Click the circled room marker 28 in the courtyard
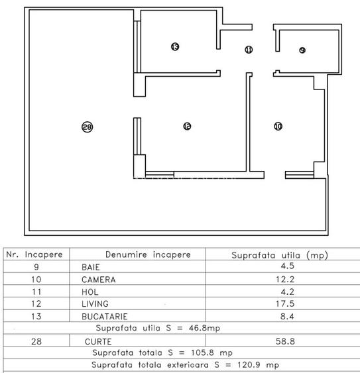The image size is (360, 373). [86, 128]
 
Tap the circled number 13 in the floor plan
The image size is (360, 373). [174, 47]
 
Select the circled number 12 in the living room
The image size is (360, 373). [187, 126]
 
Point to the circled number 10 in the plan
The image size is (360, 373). [277, 125]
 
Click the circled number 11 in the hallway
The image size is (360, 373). [249, 49]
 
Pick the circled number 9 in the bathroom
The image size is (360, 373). [302, 50]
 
